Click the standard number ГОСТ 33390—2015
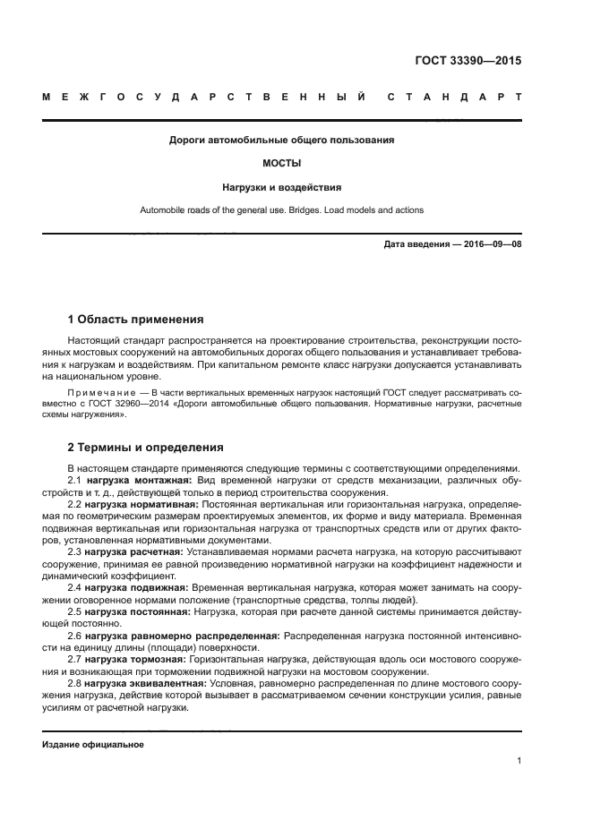pos(468,62)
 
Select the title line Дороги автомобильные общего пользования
pos(281,141)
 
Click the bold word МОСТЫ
pos(281,164)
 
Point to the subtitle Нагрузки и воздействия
pos(281,188)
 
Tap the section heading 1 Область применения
pos(135,320)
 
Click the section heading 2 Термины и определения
pos(146,447)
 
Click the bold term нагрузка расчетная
pos(135,551)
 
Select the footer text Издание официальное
pos(92,744)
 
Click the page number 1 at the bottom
pos(519,761)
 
